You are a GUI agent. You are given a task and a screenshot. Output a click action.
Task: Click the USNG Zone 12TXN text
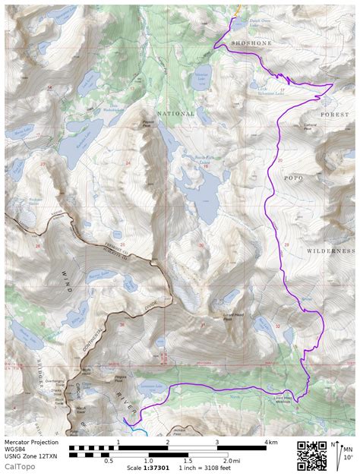[x=31, y=456]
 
